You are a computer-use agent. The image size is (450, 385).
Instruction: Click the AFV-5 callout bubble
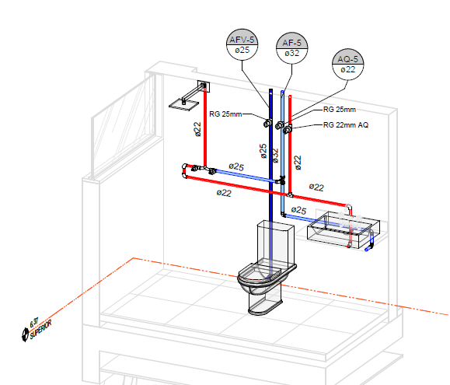(x=242, y=44)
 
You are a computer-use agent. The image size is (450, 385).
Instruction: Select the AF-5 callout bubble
(x=292, y=48)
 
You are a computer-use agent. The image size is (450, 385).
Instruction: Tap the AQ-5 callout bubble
(x=348, y=64)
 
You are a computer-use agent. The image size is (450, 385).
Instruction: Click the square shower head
(x=183, y=105)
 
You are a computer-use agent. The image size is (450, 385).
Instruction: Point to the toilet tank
(x=275, y=241)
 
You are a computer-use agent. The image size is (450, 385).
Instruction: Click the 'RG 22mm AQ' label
(x=346, y=125)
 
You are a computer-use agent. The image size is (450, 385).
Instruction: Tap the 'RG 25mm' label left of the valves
(x=225, y=114)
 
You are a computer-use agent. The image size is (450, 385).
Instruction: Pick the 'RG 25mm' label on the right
(x=340, y=110)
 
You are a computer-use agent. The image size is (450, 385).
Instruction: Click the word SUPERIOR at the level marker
(x=40, y=329)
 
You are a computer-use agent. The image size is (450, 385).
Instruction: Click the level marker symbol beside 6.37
(x=25, y=334)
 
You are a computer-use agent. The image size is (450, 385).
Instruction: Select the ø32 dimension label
(x=275, y=156)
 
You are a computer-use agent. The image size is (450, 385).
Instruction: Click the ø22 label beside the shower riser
(x=197, y=129)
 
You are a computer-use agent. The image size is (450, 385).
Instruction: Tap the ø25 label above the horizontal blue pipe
(x=236, y=166)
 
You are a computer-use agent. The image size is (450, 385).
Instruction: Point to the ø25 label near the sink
(x=298, y=210)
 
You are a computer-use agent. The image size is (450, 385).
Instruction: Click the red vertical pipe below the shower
(x=205, y=128)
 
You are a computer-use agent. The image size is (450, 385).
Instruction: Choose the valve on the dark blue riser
(x=268, y=123)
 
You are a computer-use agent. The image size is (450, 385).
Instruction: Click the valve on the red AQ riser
(x=288, y=130)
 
